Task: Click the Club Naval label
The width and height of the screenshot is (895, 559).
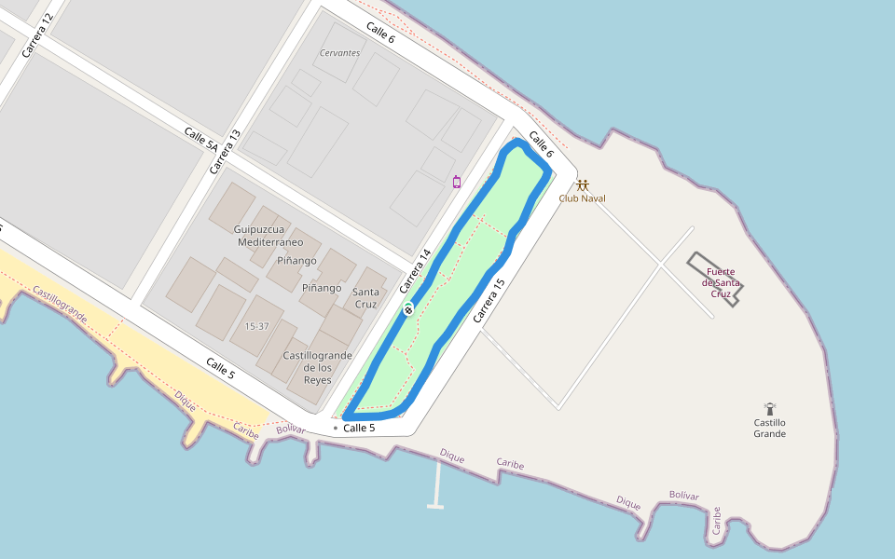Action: (582, 198)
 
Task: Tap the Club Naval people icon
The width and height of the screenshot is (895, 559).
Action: (583, 184)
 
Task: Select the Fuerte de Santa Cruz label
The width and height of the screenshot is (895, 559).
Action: (721, 282)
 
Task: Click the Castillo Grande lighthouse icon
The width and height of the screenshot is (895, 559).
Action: (770, 408)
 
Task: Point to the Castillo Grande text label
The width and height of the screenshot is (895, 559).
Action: (770, 428)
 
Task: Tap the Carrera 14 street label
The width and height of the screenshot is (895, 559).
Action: (415, 271)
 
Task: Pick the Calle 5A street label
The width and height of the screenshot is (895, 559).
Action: (200, 140)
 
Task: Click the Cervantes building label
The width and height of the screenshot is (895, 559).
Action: (339, 53)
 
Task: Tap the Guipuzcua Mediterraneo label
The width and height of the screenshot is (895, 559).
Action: (270, 235)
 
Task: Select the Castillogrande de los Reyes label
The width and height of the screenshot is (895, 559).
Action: (317, 367)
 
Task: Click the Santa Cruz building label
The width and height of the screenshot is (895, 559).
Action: (365, 298)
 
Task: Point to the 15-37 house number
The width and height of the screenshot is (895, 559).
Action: (256, 326)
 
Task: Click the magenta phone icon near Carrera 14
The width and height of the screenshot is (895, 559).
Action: (457, 182)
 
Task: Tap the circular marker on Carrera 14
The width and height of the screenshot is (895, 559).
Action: (408, 309)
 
